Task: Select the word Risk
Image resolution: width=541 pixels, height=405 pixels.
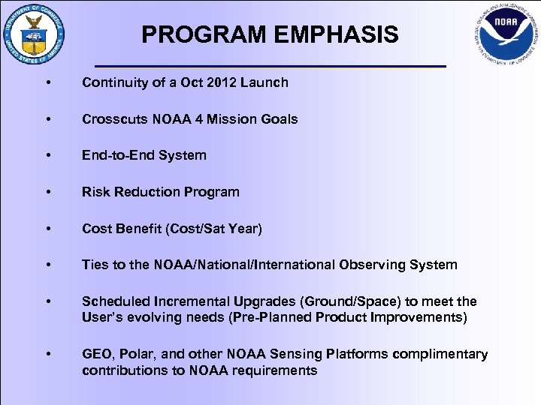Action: point(96,192)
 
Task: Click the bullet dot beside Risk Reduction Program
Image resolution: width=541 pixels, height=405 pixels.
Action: point(48,192)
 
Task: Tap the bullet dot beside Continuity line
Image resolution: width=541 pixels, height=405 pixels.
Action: point(48,82)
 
